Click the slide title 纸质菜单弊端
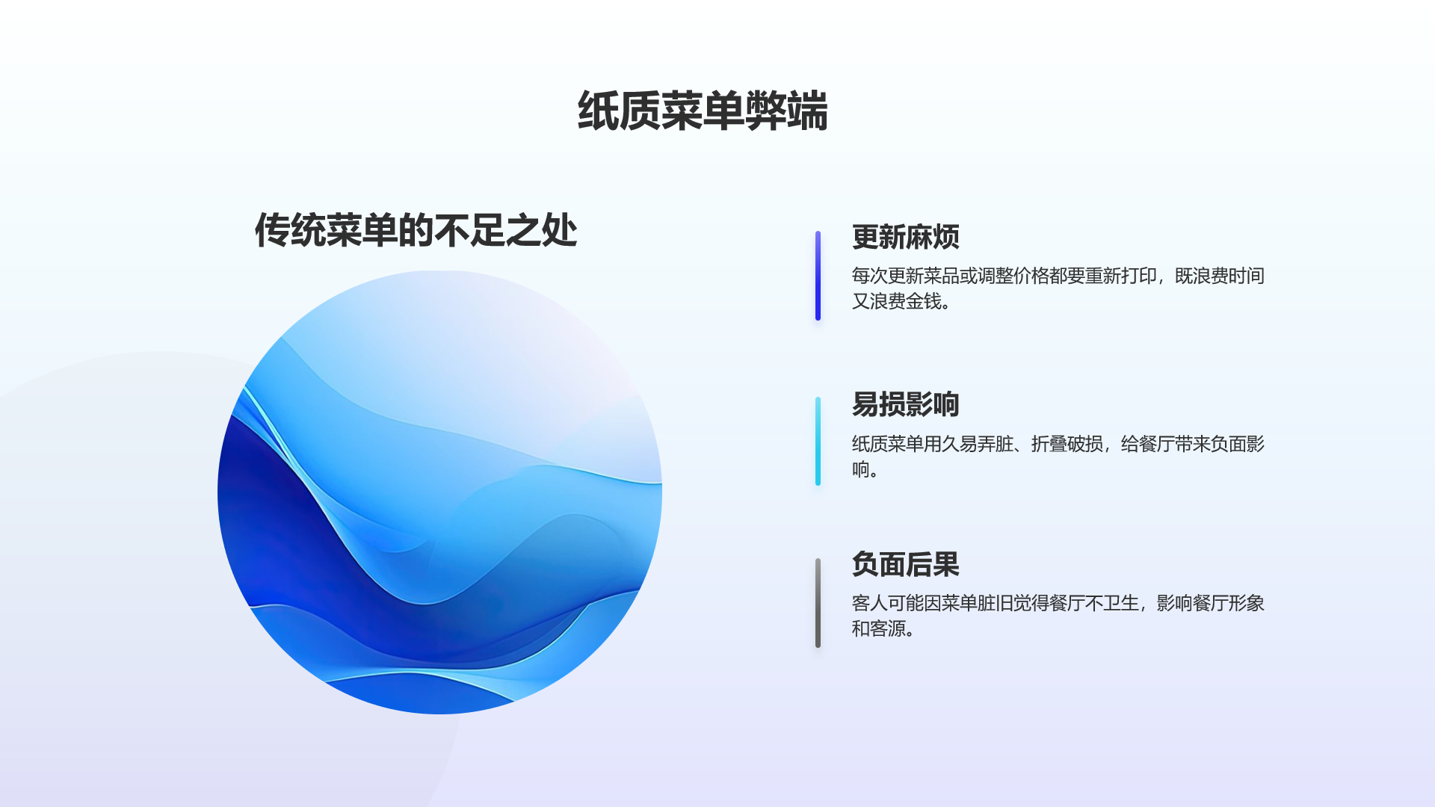(x=703, y=111)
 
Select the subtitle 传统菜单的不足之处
(x=416, y=230)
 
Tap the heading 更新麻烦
(x=905, y=237)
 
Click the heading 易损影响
(x=905, y=404)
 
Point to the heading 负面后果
(x=905, y=564)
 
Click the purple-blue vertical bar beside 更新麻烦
(x=818, y=276)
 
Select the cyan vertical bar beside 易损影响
(x=818, y=442)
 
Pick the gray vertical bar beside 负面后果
(x=818, y=603)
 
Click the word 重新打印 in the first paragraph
(x=1120, y=276)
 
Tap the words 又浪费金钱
(x=896, y=301)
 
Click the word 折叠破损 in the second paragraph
(x=1067, y=444)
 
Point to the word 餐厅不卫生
(x=1093, y=603)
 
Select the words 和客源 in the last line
(x=878, y=628)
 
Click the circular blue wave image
(x=439, y=492)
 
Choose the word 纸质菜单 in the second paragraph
(x=887, y=444)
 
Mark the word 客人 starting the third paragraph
(x=869, y=603)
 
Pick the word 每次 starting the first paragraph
(x=869, y=276)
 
